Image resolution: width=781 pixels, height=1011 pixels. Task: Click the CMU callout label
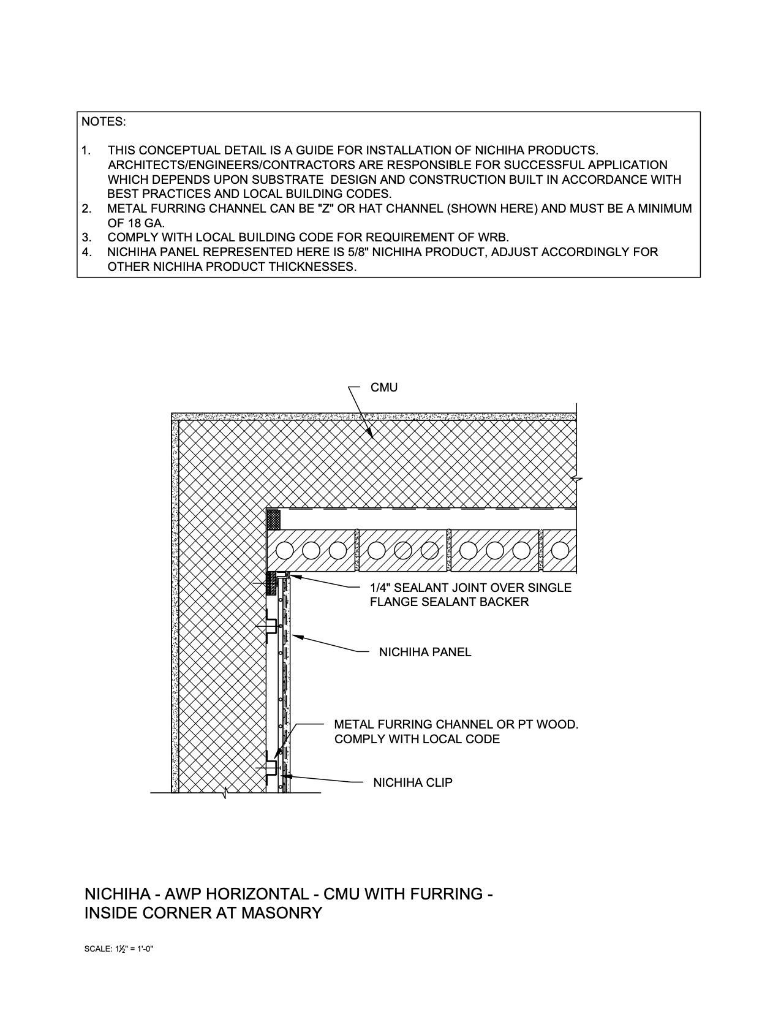click(384, 388)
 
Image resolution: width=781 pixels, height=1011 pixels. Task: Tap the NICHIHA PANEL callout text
click(425, 652)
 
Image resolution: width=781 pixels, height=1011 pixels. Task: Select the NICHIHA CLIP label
click(413, 782)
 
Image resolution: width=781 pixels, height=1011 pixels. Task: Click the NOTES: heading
click(104, 121)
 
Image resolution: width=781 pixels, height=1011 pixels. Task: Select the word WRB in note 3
click(494, 237)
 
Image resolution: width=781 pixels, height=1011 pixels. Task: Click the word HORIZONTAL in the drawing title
click(247, 894)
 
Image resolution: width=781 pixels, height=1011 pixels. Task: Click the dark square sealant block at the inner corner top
click(274, 520)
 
